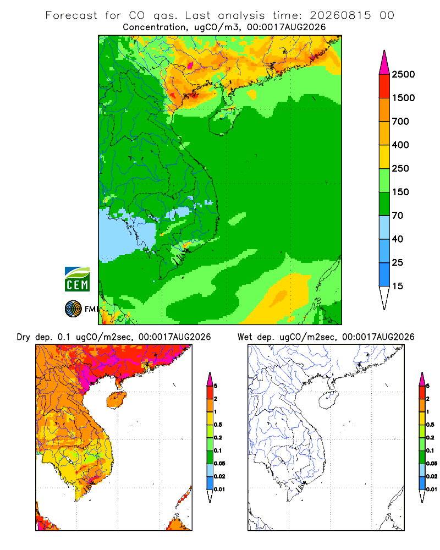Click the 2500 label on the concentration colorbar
403,74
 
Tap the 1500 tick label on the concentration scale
403,98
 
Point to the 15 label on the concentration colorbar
398,286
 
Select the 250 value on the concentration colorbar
400,168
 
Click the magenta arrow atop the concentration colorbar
384,63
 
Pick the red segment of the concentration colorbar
384,86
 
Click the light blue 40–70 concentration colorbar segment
384,227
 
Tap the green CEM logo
77,279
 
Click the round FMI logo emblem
73,309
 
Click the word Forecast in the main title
71,15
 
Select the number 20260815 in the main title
340,15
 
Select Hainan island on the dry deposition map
116,400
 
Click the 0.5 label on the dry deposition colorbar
218,425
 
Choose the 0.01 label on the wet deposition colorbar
432,490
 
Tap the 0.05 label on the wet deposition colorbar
432,463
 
